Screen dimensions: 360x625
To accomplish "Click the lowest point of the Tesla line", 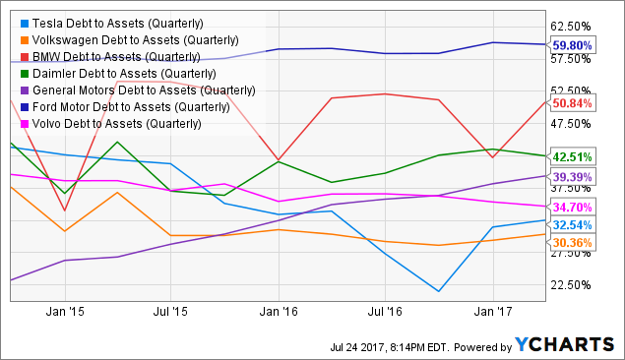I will point(439,291).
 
